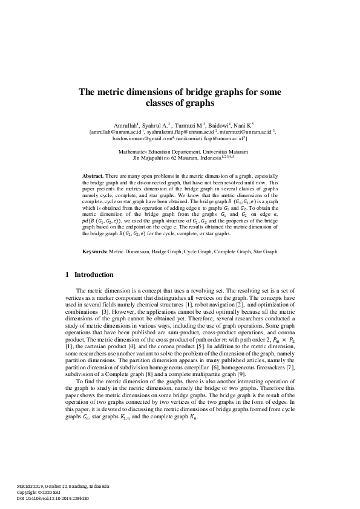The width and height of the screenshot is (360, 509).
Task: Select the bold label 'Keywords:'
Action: tap(95, 250)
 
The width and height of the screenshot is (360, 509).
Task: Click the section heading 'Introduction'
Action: tap(93, 274)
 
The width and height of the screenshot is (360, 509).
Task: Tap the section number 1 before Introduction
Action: tap(67, 274)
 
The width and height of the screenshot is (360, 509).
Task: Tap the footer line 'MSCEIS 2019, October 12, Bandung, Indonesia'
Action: tap(59, 487)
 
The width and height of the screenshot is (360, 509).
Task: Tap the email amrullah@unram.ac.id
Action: tap(113, 131)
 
